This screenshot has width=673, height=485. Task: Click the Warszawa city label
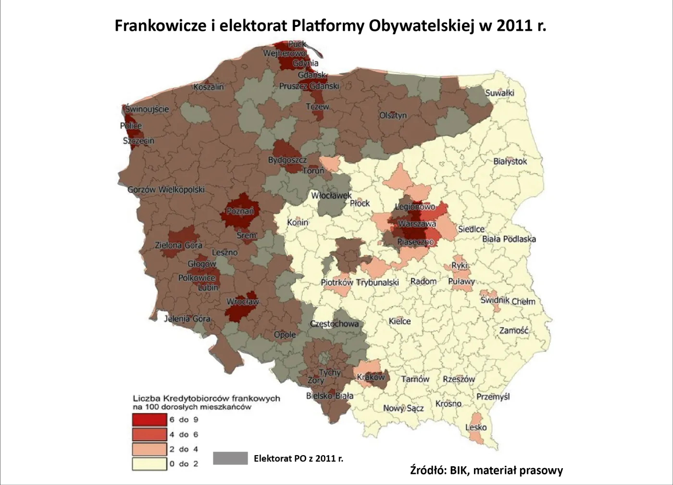[x=417, y=224]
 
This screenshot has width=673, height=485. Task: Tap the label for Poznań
[x=240, y=211]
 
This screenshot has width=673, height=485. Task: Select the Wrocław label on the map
[x=243, y=302]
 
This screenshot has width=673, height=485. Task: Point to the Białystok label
[x=510, y=161]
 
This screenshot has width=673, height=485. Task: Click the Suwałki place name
[x=499, y=93]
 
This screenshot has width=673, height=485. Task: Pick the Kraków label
[x=371, y=377]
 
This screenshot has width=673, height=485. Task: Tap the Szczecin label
[x=138, y=140]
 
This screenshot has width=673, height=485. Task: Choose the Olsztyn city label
[x=393, y=115]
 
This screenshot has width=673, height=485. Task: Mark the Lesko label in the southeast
[x=476, y=427]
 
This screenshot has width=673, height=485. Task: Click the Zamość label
[x=513, y=330]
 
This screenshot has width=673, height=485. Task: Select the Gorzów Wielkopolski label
[x=166, y=190]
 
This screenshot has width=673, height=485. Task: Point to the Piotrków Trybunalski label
[x=360, y=282]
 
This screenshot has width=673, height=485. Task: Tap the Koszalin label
[x=209, y=87]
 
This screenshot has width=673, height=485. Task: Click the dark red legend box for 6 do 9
[x=150, y=420]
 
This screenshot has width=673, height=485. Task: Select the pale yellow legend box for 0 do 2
[x=150, y=464]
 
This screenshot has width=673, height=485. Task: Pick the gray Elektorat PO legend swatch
[x=230, y=458]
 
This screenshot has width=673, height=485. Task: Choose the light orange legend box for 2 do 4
[x=150, y=449]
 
